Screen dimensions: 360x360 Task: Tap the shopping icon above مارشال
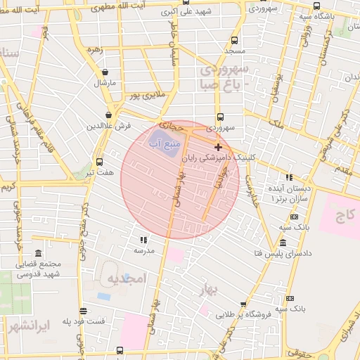[x=105, y=71]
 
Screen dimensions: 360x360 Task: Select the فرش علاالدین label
[x=109, y=126]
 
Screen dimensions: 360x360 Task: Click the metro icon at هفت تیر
[x=98, y=161]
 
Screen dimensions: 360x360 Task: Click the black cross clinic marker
[x=218, y=147]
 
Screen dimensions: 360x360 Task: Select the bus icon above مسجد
[x=234, y=40]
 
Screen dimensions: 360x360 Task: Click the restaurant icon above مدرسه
[x=143, y=239]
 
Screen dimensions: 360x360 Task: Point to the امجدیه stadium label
[x=125, y=279]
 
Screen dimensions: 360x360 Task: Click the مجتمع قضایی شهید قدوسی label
[x=39, y=269]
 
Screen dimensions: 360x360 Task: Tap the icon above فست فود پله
[x=83, y=311]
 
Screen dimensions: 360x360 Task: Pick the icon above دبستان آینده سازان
[x=288, y=176]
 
